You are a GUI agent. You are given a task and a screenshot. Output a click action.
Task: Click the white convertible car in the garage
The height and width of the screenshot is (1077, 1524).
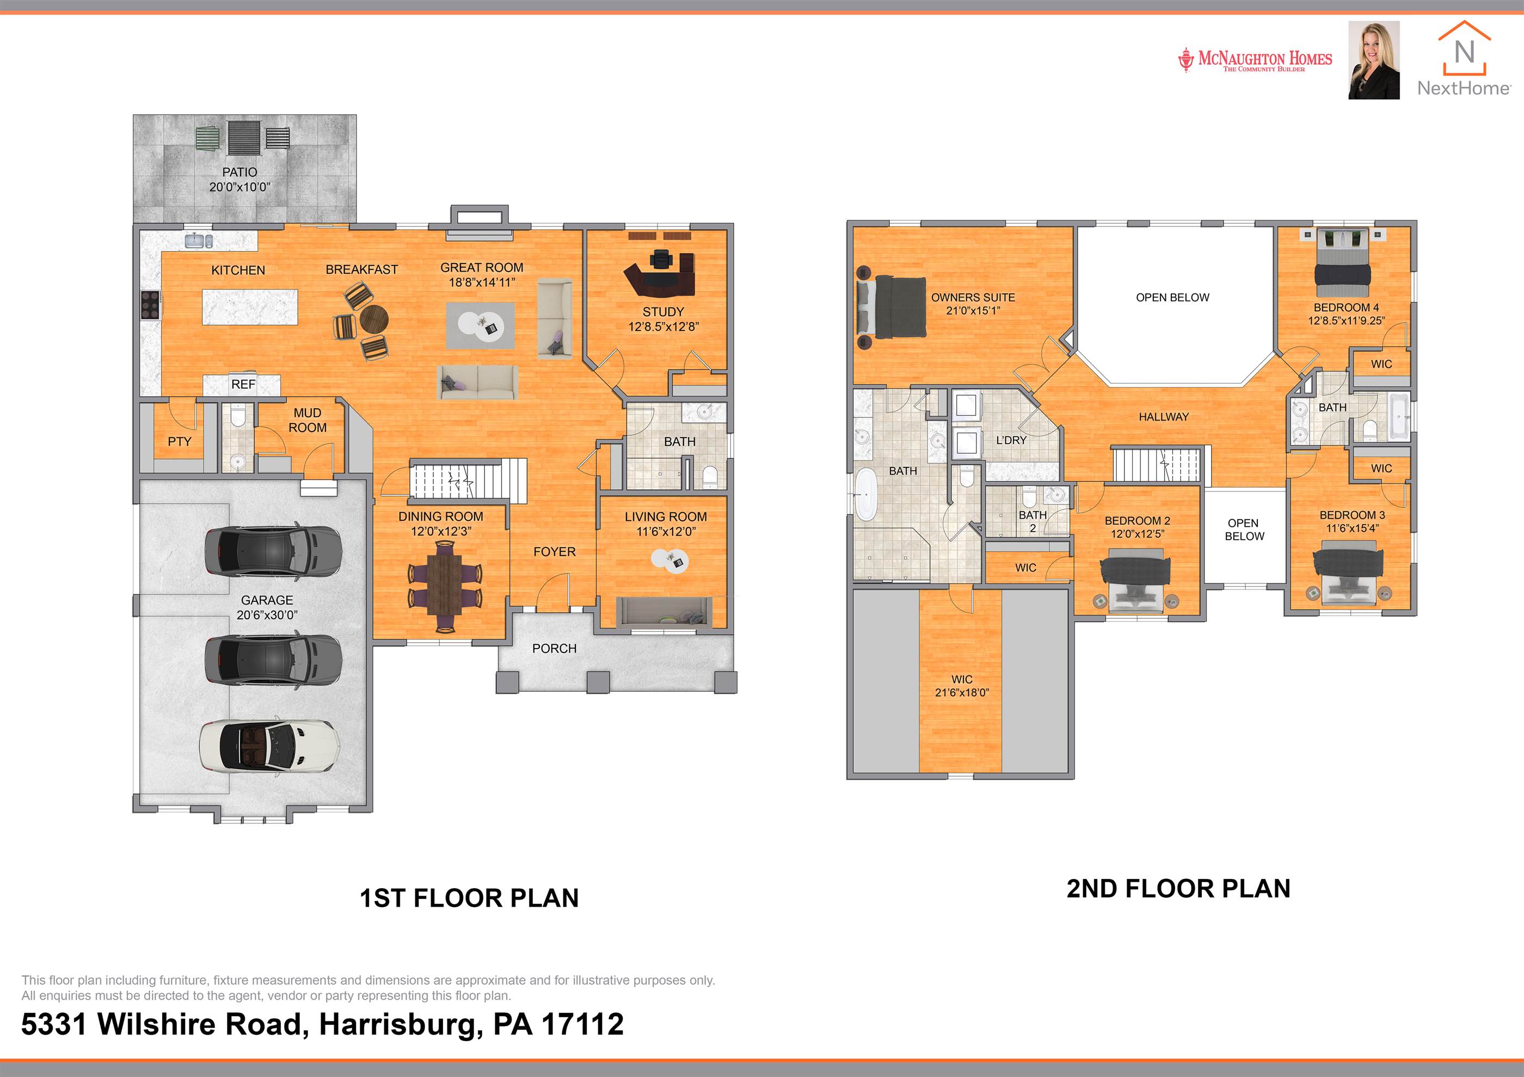[270, 747]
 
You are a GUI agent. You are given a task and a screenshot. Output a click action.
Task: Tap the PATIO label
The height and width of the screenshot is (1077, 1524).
[239, 173]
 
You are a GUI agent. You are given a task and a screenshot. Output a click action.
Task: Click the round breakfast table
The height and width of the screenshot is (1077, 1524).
[374, 321]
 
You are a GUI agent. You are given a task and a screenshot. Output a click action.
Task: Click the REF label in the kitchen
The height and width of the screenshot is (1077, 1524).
[243, 384]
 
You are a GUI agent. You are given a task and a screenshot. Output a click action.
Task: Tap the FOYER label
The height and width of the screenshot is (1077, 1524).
[554, 552]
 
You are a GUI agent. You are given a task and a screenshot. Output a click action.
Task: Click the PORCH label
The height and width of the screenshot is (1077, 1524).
[554, 648]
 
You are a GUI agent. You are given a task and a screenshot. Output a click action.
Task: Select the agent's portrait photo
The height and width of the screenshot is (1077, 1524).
[1374, 60]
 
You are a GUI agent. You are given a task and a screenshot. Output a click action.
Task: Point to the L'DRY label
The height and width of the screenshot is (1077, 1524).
[1011, 440]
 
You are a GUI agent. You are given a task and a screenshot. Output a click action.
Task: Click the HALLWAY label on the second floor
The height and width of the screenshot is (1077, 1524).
[1164, 417]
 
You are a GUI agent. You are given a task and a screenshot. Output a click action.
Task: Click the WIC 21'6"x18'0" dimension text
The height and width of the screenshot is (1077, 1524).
[962, 693]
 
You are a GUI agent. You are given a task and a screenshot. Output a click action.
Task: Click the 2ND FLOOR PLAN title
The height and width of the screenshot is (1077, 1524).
[1178, 889]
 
